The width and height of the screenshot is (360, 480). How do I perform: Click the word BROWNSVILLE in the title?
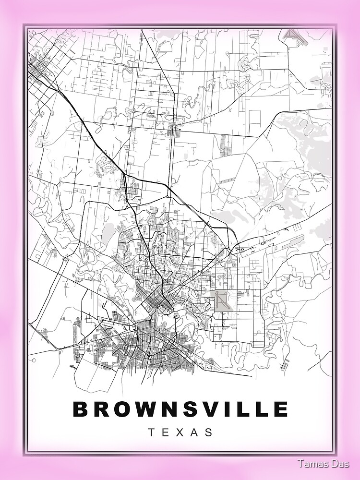tap(180, 409)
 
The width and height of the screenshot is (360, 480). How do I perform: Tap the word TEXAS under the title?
tap(180, 432)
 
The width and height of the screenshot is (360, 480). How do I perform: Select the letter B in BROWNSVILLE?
tap(81, 409)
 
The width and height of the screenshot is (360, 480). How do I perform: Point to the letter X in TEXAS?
tap(180, 432)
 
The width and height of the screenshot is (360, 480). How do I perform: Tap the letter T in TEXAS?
tap(151, 432)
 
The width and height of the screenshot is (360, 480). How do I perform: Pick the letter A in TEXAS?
tap(194, 432)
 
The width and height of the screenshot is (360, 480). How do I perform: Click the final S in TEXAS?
tap(209, 432)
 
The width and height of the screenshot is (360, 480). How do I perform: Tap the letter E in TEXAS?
tap(166, 432)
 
